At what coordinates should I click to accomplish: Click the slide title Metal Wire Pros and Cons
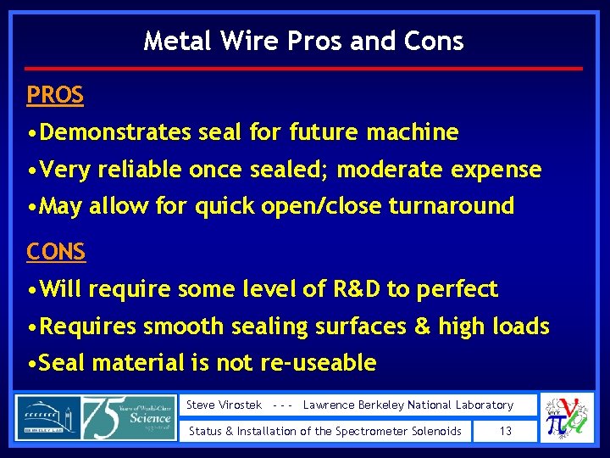click(x=303, y=41)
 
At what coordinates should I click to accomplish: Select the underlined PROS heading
click(x=55, y=95)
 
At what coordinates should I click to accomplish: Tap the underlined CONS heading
click(x=56, y=252)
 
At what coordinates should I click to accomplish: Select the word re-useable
click(x=323, y=363)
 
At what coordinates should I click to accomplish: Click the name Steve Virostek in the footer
click(x=223, y=405)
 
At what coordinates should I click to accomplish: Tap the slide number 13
click(x=505, y=431)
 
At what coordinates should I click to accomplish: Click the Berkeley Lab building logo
click(x=47, y=417)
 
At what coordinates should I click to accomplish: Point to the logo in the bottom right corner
click(x=568, y=417)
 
